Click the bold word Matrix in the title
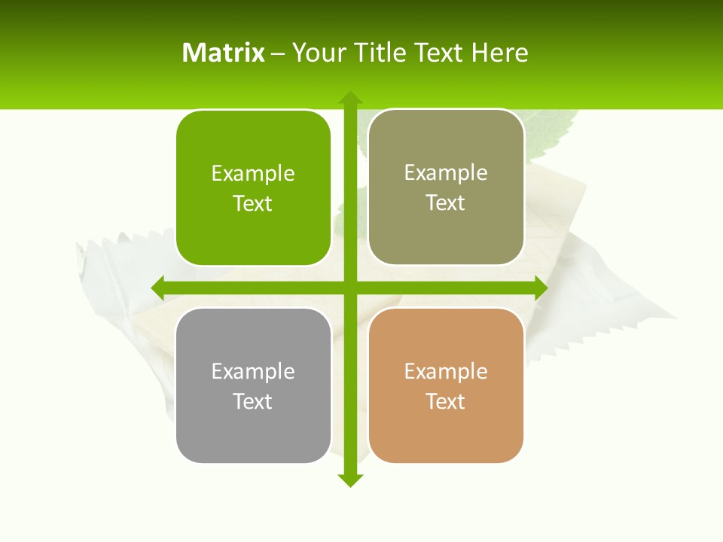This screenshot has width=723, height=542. point(224,53)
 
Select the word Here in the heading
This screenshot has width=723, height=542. point(499,53)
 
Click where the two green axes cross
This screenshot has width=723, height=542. point(350,288)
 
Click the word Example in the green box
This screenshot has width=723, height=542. point(253,173)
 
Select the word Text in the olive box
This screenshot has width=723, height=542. point(446,202)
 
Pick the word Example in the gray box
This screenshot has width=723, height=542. point(253,371)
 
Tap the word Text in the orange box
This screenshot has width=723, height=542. point(446,401)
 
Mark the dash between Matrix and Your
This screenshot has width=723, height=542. point(278,53)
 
